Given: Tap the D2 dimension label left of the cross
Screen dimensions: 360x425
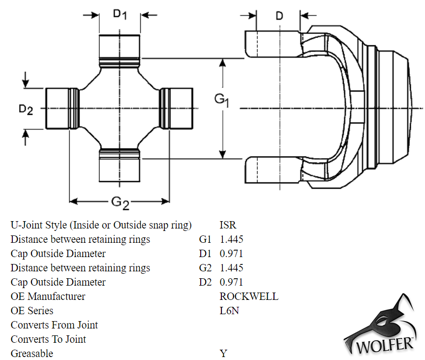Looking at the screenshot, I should coord(26,109).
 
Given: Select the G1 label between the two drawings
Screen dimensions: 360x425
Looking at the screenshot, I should coord(222,99).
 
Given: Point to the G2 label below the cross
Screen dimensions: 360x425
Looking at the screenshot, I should coord(120,202).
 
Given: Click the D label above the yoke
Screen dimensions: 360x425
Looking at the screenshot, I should coord(279,16).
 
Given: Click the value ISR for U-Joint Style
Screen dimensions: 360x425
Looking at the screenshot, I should coord(228,226).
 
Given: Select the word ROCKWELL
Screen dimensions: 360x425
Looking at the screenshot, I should coord(249,297).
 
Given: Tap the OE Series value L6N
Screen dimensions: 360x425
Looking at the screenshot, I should coord(229,311).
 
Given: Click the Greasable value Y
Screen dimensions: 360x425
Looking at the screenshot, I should coord(223,354).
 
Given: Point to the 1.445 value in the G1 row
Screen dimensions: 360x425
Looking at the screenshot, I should coord(231,240).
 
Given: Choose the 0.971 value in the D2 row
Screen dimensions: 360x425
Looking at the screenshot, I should coord(231,283).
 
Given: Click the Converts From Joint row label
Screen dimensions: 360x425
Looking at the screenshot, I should coord(54,326).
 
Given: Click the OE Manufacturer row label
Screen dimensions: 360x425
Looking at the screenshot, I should coord(48,297).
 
